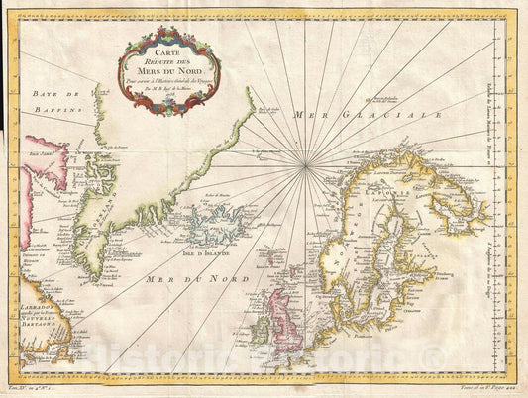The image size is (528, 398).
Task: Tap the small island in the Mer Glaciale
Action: pyautogui.click(x=377, y=99)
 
